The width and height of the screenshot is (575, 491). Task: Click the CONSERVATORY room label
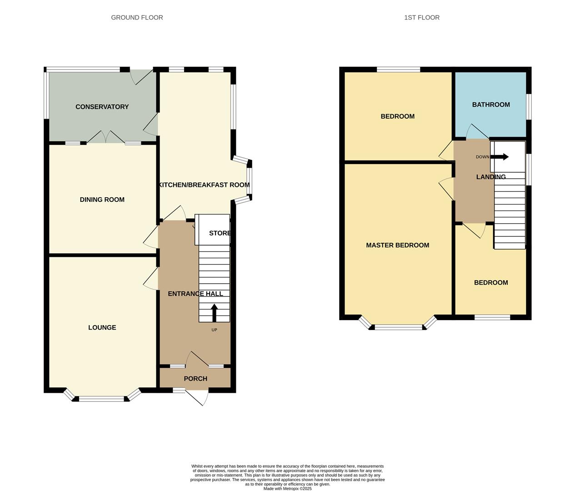pyautogui.click(x=102, y=107)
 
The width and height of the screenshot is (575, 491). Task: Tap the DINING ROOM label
pyautogui.click(x=102, y=200)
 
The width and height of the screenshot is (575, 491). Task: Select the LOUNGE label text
pyautogui.click(x=102, y=327)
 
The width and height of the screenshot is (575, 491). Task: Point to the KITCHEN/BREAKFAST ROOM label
pyautogui.click(x=204, y=185)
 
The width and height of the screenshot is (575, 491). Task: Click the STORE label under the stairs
pyautogui.click(x=220, y=233)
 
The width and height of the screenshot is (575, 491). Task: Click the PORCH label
pyautogui.click(x=195, y=379)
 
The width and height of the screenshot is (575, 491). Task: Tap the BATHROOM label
pyautogui.click(x=491, y=105)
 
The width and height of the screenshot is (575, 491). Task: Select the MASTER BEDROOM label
pyautogui.click(x=397, y=245)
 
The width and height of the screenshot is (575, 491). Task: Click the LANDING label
pyautogui.click(x=491, y=177)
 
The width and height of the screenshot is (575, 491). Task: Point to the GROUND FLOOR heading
pyautogui.click(x=137, y=17)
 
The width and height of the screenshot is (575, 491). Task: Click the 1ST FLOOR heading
pyautogui.click(x=421, y=17)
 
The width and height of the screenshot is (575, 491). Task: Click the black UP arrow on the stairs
pyautogui.click(x=214, y=313)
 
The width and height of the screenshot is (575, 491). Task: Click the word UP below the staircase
pyautogui.click(x=214, y=330)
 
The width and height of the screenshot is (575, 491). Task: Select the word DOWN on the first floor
pyautogui.click(x=482, y=157)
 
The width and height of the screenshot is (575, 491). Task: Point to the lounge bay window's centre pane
pyautogui.click(x=102, y=399)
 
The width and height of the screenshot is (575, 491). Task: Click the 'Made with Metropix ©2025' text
pyautogui.click(x=287, y=489)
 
